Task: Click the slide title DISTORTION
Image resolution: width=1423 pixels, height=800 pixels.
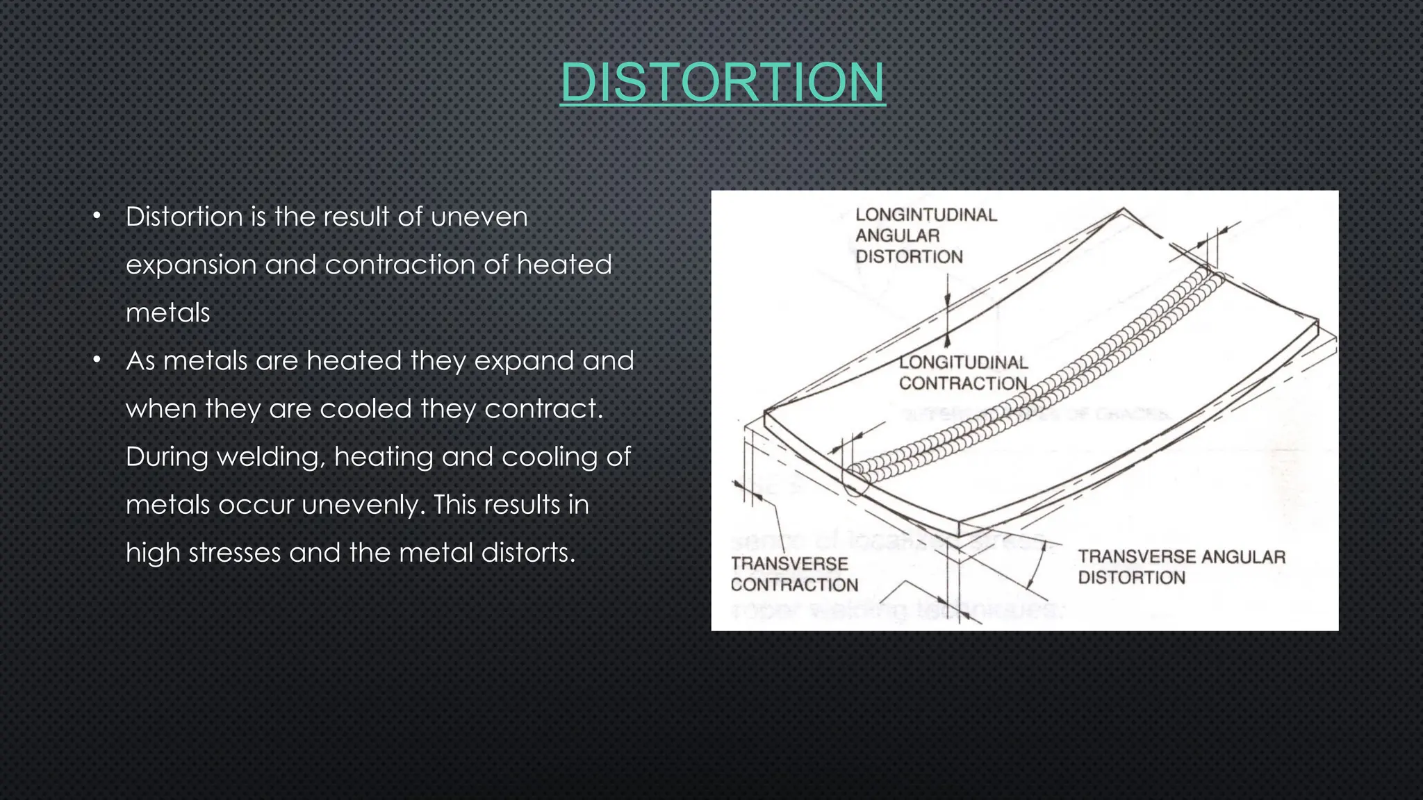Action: click(723, 82)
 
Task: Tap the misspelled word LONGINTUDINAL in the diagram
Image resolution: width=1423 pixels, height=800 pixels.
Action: click(926, 215)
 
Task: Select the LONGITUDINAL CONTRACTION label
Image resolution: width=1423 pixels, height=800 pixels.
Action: click(963, 373)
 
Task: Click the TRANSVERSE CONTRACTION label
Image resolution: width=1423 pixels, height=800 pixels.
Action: click(793, 574)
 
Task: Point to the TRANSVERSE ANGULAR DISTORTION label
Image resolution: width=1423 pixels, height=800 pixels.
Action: click(1181, 567)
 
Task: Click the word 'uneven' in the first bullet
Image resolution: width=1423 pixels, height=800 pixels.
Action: click(479, 217)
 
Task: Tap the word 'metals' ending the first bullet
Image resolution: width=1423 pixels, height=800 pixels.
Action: click(168, 313)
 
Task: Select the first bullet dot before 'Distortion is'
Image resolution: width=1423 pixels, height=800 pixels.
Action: click(97, 216)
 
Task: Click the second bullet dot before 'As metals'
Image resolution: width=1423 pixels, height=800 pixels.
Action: click(97, 360)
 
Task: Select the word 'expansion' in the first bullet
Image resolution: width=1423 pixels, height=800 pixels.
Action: click(191, 265)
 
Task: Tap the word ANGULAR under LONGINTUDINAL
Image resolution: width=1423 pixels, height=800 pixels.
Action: click(897, 236)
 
